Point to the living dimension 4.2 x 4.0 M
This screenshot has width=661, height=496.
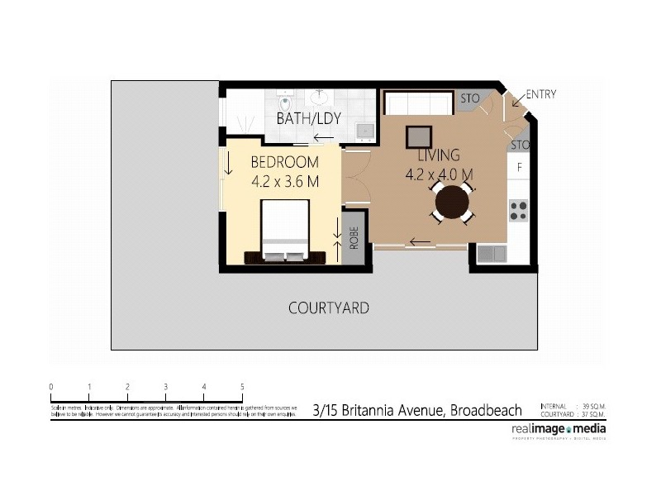[439, 174]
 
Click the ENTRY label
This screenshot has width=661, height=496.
[540, 94]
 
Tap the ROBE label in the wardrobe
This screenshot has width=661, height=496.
[354, 238]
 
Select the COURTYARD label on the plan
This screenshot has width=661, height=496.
[328, 308]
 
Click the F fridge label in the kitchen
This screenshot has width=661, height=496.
[520, 168]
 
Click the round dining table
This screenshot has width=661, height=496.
[453, 202]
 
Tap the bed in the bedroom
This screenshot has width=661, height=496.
[285, 231]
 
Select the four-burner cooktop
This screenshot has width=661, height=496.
[518, 210]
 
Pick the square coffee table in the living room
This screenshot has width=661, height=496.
[417, 136]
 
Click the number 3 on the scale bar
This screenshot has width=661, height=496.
[165, 387]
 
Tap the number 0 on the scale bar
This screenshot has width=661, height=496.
[51, 387]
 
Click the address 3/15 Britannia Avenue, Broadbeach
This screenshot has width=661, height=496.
[417, 410]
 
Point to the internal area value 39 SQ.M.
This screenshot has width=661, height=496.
[593, 406]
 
